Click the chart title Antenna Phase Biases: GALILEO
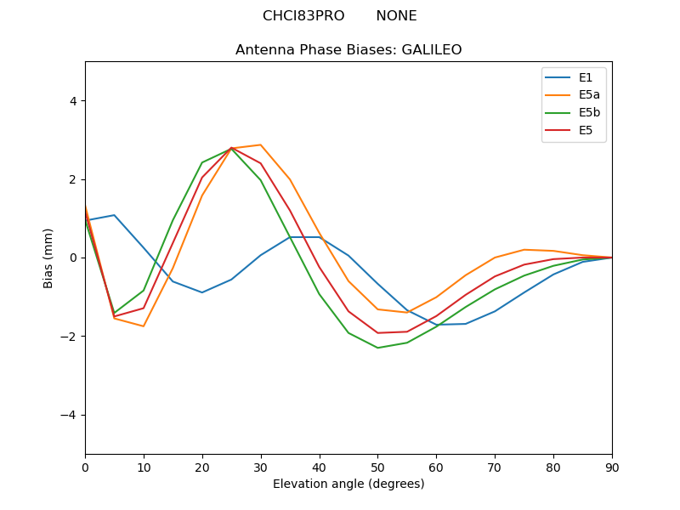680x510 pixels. click(348, 50)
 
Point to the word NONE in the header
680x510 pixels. click(396, 16)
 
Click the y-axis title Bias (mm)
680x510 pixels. click(48, 258)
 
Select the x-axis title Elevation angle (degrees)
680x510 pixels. click(348, 484)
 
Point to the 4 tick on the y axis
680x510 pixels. click(72, 100)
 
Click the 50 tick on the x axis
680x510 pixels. click(377, 467)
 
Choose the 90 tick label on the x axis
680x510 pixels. click(612, 467)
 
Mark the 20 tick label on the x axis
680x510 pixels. click(202, 467)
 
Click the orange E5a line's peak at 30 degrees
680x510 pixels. click(261, 144)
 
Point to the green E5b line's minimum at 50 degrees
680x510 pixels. click(377, 348)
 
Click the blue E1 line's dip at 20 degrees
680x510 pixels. click(202, 292)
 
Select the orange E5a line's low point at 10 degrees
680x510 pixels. click(144, 326)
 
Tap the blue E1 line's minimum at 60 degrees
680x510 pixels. click(436, 325)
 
